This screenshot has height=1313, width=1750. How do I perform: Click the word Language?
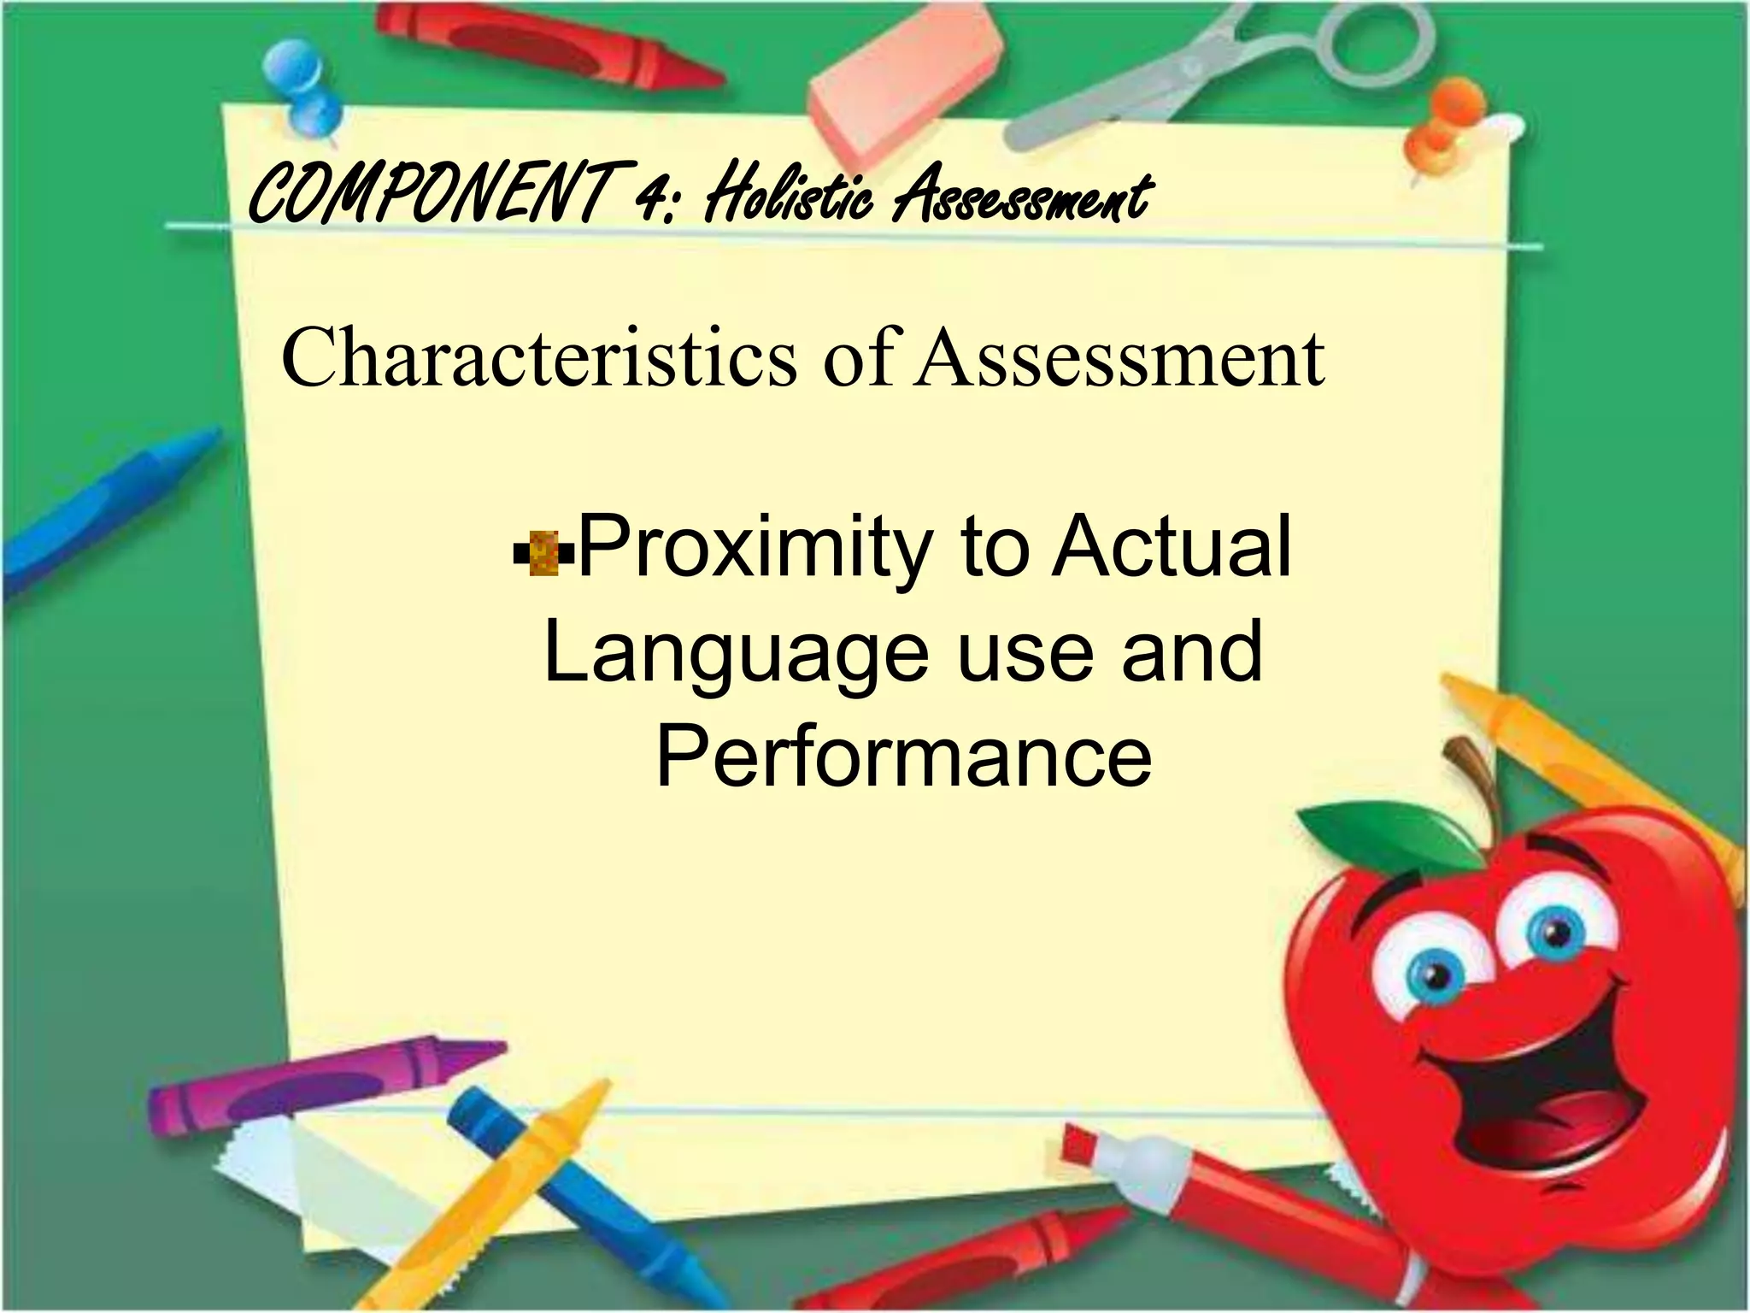(736, 653)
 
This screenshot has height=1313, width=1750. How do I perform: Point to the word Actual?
(1171, 547)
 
